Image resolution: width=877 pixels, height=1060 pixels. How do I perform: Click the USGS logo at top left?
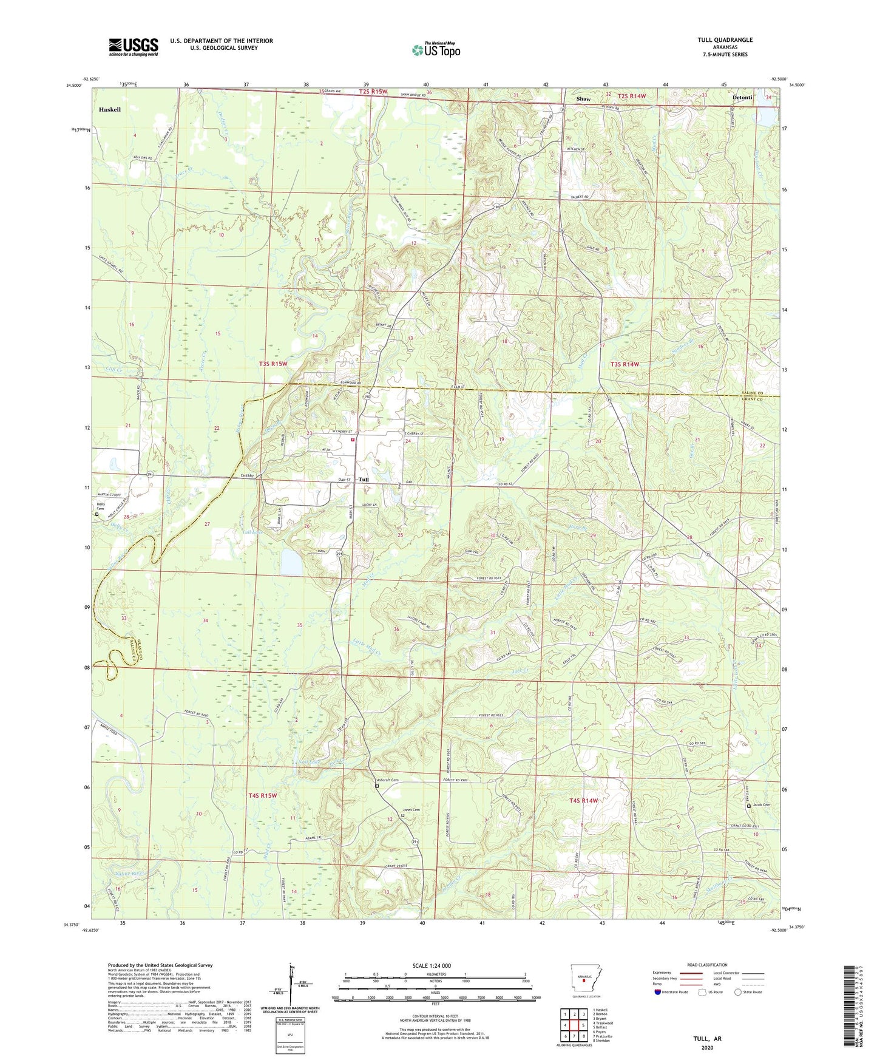coord(134,46)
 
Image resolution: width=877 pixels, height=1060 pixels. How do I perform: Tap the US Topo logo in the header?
coord(436,50)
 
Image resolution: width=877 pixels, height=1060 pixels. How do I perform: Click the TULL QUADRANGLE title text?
coord(725,40)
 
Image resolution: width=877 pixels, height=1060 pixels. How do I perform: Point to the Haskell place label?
coord(110,110)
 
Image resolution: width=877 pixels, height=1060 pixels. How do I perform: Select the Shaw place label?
coord(583,99)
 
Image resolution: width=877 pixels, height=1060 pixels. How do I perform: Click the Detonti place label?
coord(742,98)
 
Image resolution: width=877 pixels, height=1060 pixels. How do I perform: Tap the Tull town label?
coord(364,480)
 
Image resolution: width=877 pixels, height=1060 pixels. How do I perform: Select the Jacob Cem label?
coord(762,805)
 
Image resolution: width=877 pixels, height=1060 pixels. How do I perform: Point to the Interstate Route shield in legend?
coord(659,992)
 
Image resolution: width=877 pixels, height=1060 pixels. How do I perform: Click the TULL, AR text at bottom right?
coord(707,1039)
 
